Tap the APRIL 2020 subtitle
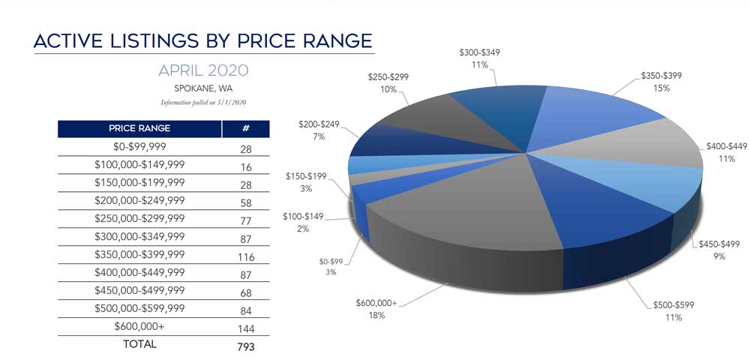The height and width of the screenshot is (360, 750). tap(203, 70)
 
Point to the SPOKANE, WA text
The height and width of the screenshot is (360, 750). tap(203, 88)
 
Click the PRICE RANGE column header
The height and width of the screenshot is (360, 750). tap(139, 128)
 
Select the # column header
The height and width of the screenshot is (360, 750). tap(245, 128)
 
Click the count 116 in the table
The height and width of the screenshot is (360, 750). tap(245, 257)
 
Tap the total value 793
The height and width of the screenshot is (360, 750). tap(245, 346)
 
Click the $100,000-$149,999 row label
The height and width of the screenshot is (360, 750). tap(139, 163)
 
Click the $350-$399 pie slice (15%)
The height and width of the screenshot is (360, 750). tap(592, 112)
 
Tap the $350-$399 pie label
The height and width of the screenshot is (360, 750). tap(661, 76)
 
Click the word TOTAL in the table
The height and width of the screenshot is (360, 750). tap(139, 343)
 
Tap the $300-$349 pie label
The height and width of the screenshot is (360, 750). tap(479, 53)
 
